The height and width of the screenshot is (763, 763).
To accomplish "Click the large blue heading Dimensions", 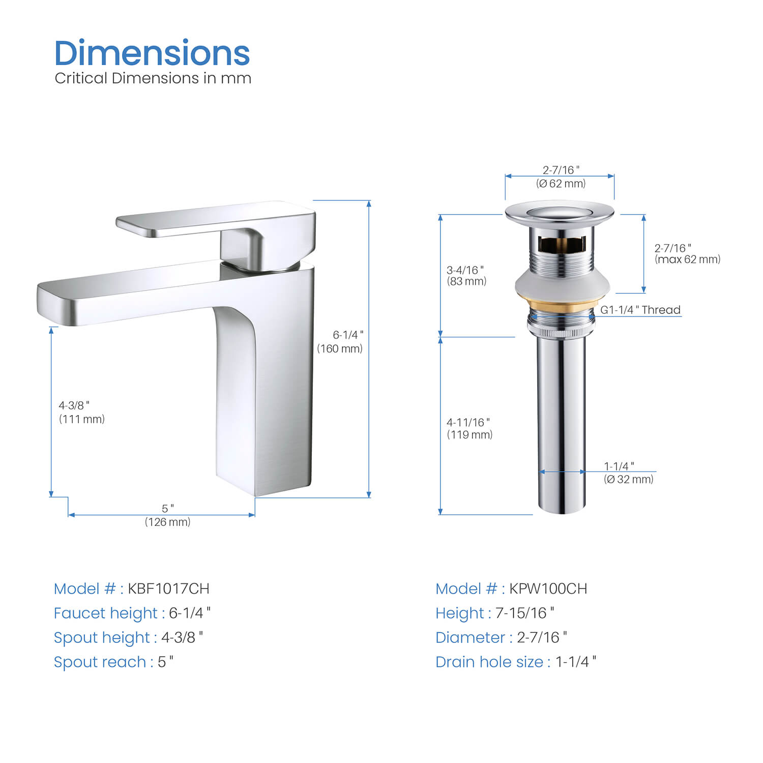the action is (152, 53).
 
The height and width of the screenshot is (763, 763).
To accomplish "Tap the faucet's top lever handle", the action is (216, 220).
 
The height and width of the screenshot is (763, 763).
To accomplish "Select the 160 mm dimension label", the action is (340, 348).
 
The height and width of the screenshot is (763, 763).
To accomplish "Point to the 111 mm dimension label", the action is (82, 419).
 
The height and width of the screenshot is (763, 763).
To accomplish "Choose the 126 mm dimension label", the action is (168, 522).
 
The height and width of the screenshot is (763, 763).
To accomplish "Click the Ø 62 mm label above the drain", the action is (561, 183).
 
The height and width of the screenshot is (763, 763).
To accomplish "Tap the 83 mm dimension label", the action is (466, 281).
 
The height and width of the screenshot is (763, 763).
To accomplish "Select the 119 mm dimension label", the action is (469, 434).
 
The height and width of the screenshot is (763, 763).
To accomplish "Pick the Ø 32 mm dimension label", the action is (629, 479).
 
